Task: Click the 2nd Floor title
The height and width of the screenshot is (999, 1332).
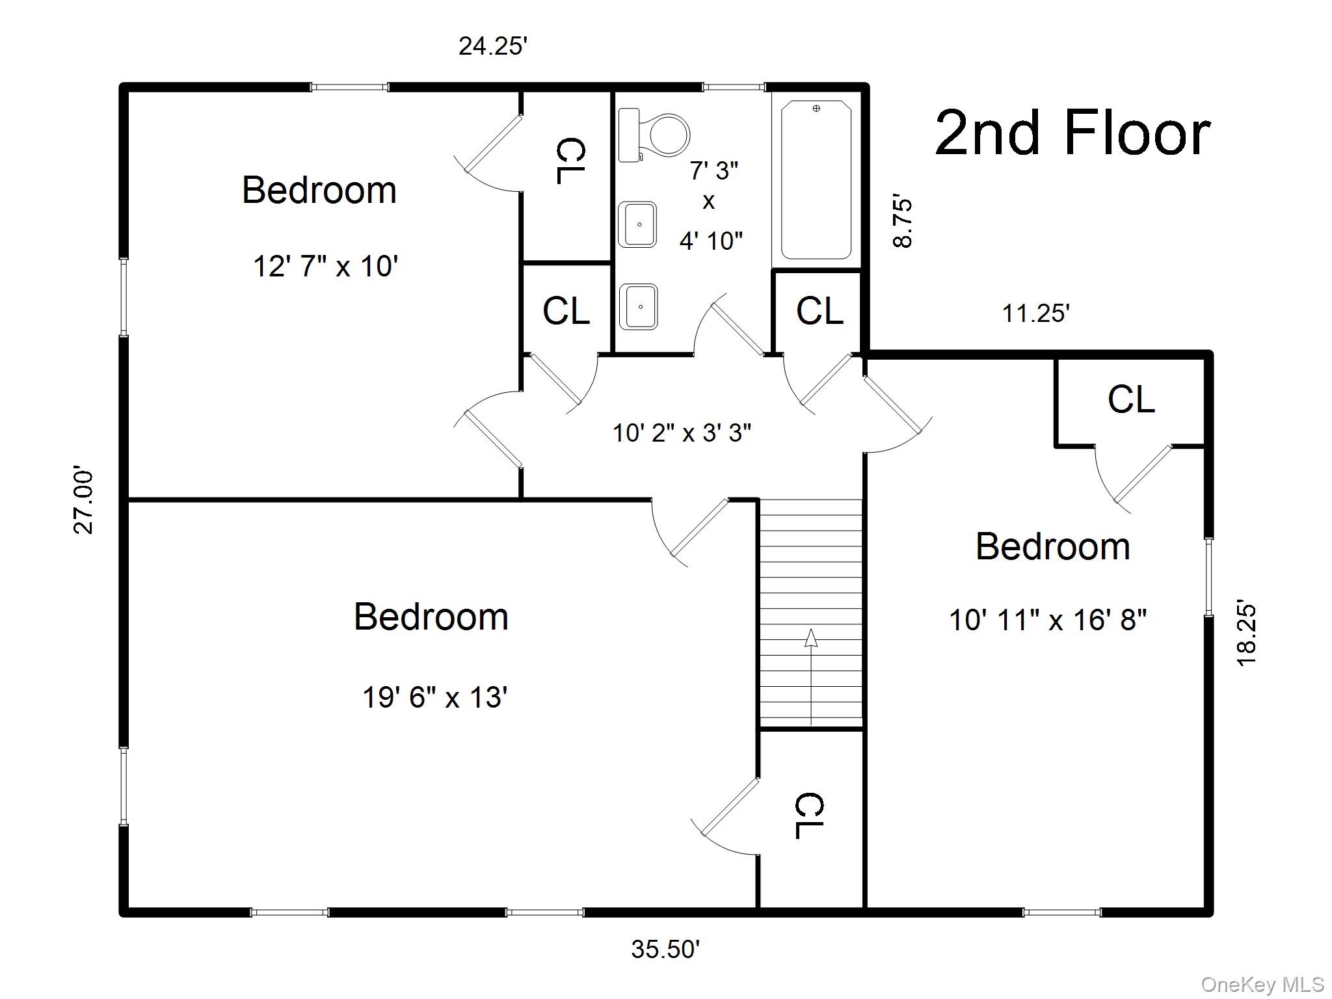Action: tap(1072, 133)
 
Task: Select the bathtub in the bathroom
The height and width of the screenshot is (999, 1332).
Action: tap(816, 180)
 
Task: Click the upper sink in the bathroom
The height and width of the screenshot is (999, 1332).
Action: tap(637, 224)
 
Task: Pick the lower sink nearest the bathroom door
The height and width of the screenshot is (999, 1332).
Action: tap(638, 306)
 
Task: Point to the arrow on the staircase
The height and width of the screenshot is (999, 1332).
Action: tap(811, 676)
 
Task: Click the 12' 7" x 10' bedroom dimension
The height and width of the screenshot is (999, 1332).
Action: tap(325, 266)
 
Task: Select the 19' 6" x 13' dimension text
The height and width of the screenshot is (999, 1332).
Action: tap(434, 698)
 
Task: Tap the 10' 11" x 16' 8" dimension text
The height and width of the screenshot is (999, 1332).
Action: tap(1048, 619)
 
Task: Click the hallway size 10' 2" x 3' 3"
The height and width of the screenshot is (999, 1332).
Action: tap(682, 433)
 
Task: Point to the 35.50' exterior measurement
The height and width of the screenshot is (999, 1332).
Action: tap(665, 950)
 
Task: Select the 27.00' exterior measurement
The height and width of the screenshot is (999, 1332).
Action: tap(83, 500)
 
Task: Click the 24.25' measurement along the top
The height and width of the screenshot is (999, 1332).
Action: tap(492, 46)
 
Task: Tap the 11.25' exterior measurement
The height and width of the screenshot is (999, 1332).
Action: tap(1035, 313)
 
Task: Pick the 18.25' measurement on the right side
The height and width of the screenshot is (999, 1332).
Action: tap(1246, 632)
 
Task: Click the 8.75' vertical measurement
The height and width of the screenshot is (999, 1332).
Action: tap(903, 222)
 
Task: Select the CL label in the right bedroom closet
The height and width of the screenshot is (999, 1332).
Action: tap(1131, 399)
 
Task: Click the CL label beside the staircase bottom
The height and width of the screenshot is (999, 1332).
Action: tap(809, 816)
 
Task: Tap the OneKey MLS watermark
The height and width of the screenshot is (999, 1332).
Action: tap(1262, 985)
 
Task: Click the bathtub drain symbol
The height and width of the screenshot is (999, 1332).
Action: tap(816, 109)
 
